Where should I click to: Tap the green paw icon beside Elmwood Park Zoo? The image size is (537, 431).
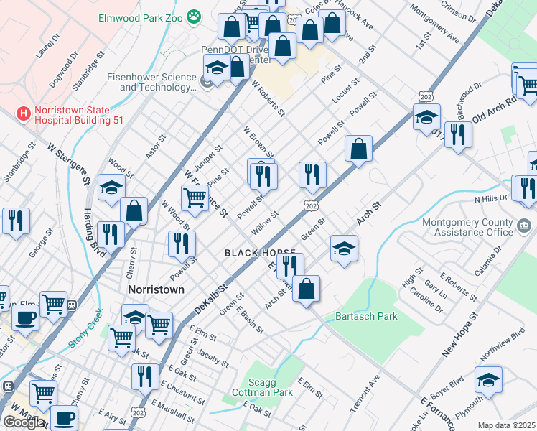(x=193, y=15)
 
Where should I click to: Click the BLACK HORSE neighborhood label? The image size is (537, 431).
(x=260, y=253)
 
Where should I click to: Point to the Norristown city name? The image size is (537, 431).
(x=156, y=289)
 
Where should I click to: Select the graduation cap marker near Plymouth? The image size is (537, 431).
(x=489, y=380)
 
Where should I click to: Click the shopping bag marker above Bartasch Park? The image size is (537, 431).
(x=306, y=289)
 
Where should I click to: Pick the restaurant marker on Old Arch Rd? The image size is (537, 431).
(x=458, y=134)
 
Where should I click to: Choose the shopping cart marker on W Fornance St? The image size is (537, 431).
(x=195, y=198)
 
